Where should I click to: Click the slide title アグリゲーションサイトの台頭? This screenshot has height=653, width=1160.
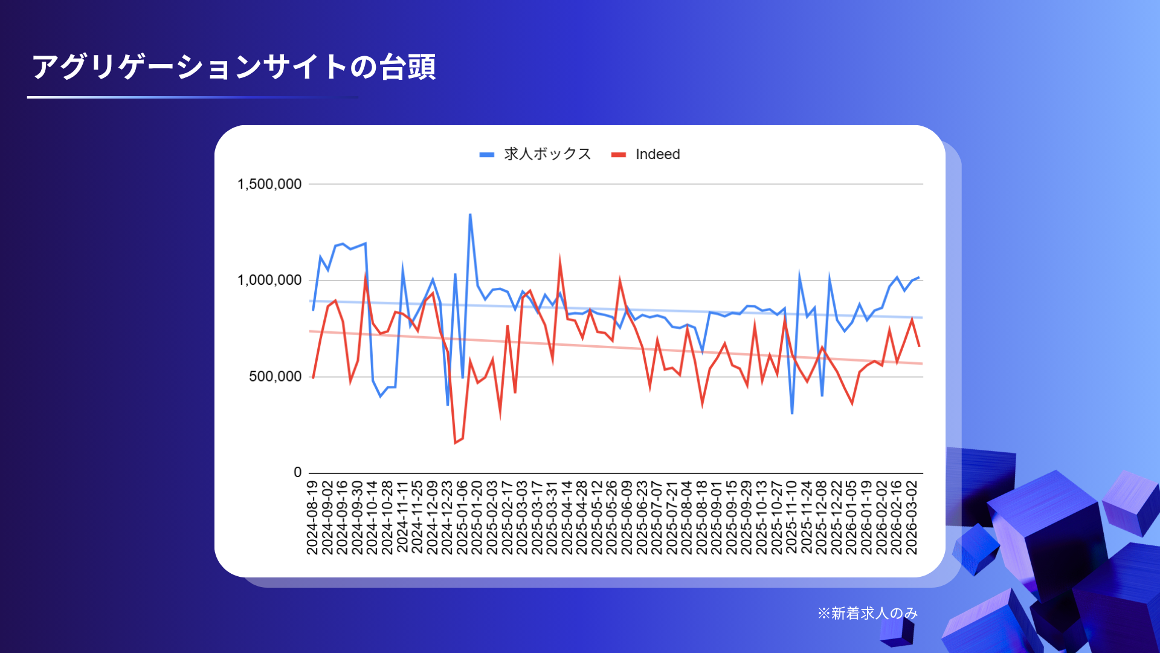click(234, 67)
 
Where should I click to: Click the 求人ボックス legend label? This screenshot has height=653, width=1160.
click(547, 154)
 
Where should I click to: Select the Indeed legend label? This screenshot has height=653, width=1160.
click(658, 154)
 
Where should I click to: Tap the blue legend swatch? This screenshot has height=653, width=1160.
click(487, 155)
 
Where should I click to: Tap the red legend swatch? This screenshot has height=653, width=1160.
click(619, 155)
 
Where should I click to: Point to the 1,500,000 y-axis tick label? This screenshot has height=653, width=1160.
click(269, 184)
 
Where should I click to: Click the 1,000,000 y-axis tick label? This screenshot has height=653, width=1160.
click(269, 280)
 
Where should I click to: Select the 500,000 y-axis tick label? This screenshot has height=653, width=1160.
click(275, 376)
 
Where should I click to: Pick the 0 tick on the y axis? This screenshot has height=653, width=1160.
click(297, 472)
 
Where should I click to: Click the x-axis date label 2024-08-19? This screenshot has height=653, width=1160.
click(312, 518)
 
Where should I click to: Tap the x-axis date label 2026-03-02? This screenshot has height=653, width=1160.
click(912, 518)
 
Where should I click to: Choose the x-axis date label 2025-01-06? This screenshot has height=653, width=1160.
click(462, 518)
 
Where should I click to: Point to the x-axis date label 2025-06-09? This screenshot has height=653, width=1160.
click(627, 518)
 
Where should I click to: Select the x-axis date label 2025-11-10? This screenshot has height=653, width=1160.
click(792, 518)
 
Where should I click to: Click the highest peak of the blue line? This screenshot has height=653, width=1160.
click(470, 214)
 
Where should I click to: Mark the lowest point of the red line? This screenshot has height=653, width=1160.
click(455, 443)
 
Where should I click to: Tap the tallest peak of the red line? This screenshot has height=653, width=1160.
click(560, 259)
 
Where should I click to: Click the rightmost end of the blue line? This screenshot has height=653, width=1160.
click(919, 277)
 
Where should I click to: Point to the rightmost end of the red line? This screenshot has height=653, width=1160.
click(919, 346)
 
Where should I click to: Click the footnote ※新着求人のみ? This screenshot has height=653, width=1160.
click(868, 613)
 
